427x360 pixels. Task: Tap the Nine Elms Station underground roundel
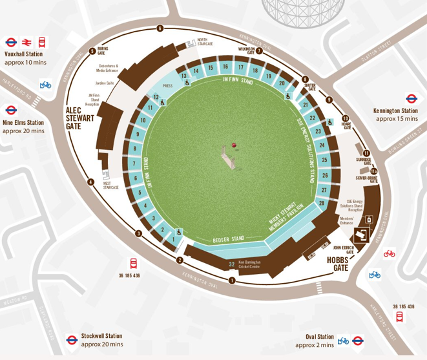point(11,110)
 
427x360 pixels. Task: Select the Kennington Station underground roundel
point(411,99)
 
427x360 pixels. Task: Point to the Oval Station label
point(320,337)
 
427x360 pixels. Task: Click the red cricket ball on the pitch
point(234,145)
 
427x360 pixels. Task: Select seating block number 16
point(225,67)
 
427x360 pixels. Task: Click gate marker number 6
point(159,28)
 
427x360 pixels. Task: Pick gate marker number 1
point(232,280)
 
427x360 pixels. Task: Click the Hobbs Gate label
point(337,263)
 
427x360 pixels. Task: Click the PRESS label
point(167,85)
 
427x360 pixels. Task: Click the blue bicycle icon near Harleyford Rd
point(45,84)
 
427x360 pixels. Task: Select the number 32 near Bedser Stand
point(231,264)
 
